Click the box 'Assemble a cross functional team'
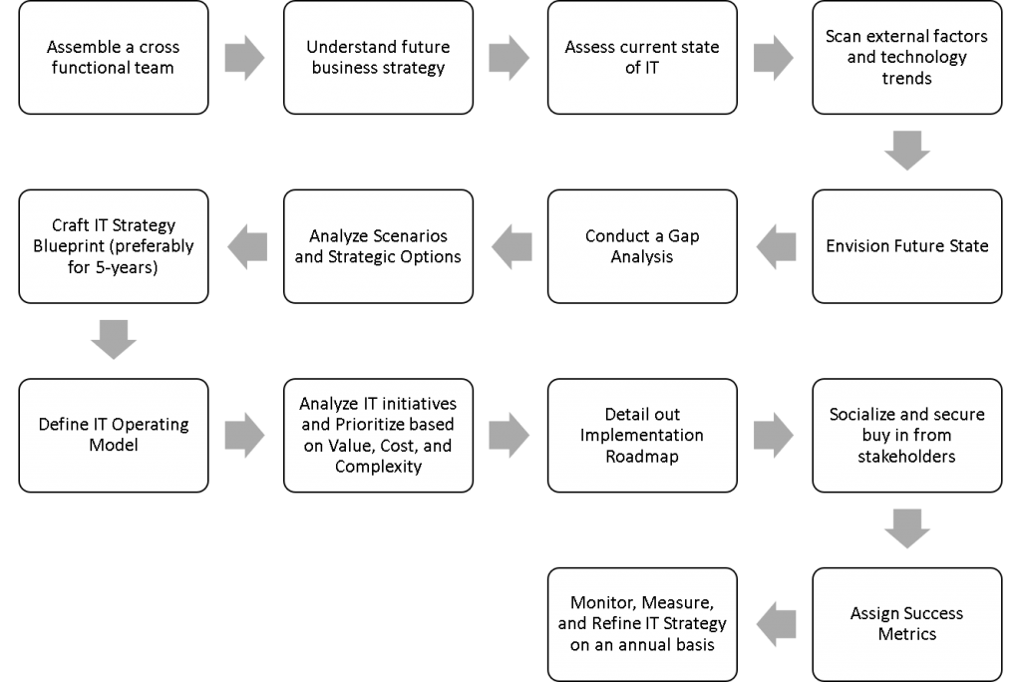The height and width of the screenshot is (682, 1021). click(x=114, y=58)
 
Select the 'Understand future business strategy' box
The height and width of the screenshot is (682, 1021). click(x=378, y=58)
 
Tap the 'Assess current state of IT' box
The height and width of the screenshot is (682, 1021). click(x=642, y=58)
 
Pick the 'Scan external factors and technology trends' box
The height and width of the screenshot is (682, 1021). click(x=906, y=58)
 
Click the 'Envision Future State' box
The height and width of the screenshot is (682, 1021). click(x=906, y=246)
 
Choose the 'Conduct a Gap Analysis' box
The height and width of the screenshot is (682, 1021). click(x=642, y=246)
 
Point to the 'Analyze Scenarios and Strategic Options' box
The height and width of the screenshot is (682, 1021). click(x=378, y=246)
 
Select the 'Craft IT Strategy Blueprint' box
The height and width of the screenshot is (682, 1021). click(x=114, y=246)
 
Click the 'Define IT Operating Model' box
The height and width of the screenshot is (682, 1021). click(x=114, y=435)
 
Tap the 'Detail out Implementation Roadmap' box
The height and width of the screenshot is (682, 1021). click(x=642, y=435)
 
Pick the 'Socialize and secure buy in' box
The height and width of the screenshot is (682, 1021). click(x=906, y=435)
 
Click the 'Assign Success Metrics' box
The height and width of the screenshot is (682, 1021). click(x=906, y=623)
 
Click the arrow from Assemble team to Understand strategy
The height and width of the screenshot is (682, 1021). click(x=245, y=58)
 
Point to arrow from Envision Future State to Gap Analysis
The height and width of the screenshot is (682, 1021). click(x=774, y=246)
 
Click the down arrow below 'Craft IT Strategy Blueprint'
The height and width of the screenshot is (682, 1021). click(x=114, y=340)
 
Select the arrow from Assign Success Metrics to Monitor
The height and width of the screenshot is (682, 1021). click(x=774, y=623)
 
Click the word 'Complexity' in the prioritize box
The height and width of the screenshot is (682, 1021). click(x=378, y=466)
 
